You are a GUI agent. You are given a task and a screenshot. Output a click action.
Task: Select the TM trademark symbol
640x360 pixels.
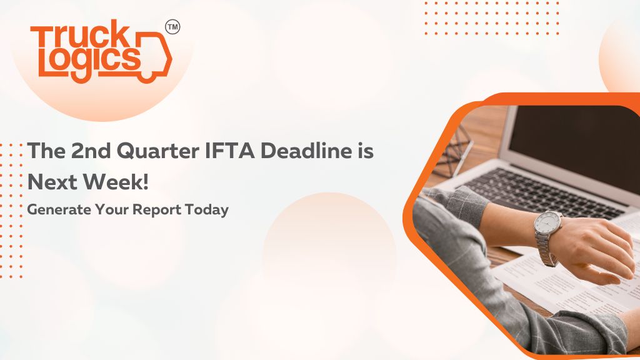pos(172,27)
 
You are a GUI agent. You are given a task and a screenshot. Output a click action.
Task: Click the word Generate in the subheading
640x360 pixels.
pos(59,210)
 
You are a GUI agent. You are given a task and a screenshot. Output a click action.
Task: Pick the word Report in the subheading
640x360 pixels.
pos(157,211)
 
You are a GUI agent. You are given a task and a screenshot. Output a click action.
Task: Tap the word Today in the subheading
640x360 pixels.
pos(206,211)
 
